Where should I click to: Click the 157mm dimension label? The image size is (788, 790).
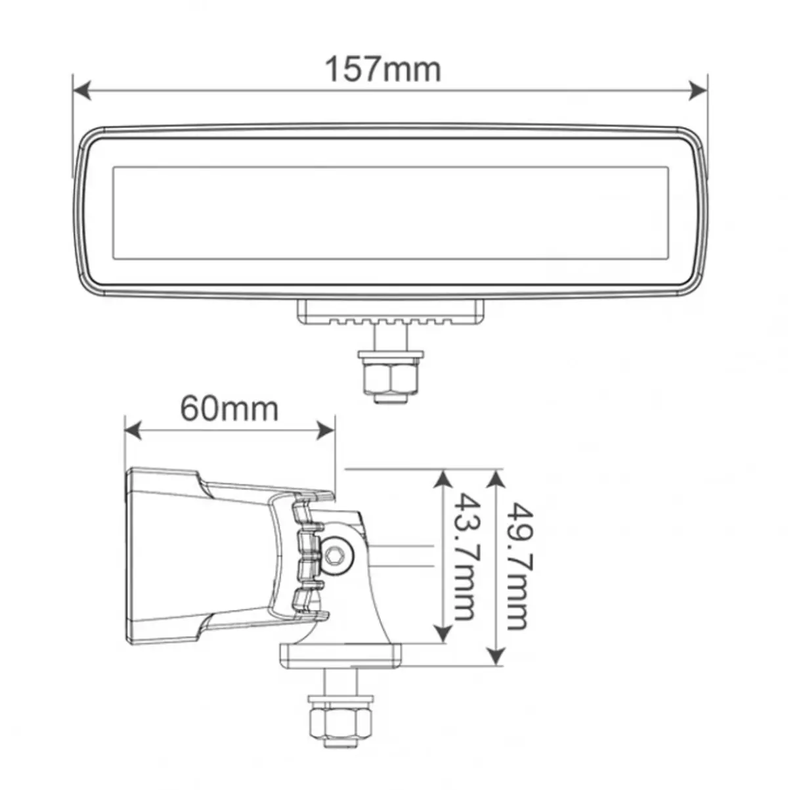click(x=383, y=69)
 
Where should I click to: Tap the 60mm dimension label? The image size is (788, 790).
click(x=229, y=409)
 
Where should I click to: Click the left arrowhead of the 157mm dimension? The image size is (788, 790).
click(x=81, y=91)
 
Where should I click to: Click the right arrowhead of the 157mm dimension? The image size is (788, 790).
click(x=698, y=91)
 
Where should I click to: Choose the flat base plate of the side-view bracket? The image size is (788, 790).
click(x=341, y=655)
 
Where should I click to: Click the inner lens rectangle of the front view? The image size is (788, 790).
click(x=391, y=212)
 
